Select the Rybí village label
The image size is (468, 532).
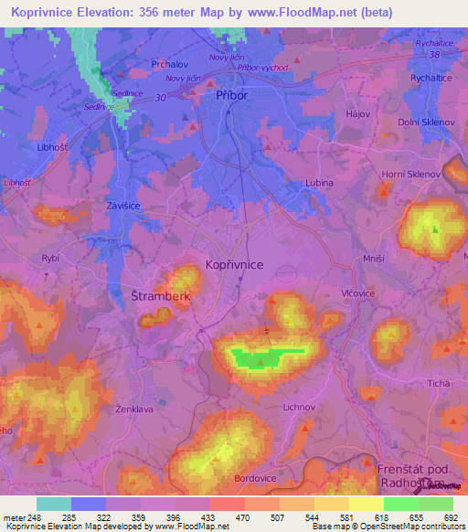coord(50,259)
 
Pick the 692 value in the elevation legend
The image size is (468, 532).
coord(449,518)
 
